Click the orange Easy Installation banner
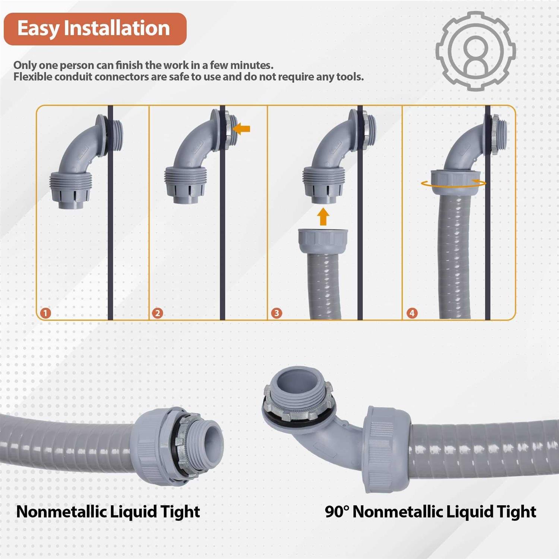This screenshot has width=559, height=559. point(95,29)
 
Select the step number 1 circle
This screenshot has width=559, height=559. point(45,313)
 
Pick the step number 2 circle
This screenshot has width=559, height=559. point(157,313)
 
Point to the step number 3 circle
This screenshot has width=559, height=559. point(277,313)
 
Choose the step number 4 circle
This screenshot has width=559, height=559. point(412,313)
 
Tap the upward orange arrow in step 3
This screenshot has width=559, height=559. point(323,217)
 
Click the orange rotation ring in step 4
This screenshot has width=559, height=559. point(453,183)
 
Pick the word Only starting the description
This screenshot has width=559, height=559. point(25,65)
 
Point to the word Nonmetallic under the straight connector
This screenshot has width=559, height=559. point(61,512)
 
